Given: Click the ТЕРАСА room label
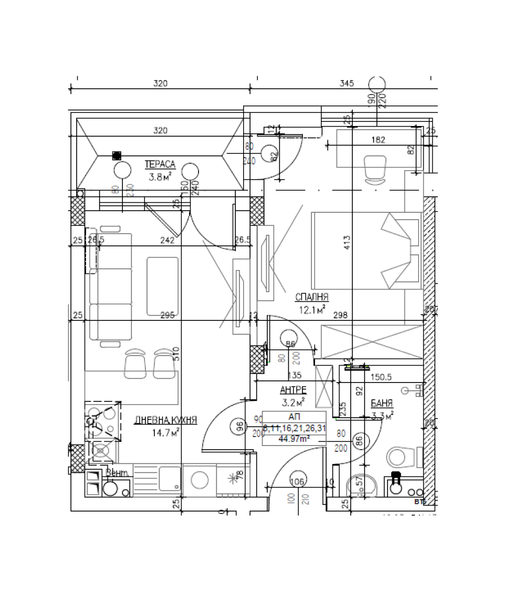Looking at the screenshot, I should tap(160, 164).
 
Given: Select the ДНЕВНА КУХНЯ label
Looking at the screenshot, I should tap(165, 420).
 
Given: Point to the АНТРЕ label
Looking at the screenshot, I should tap(293, 390).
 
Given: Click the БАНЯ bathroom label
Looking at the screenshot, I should tap(382, 403).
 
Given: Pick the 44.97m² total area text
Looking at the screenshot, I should tap(294, 439).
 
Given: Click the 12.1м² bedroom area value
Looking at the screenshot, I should tap(312, 309).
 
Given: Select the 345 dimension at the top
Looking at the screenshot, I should tap(347, 83).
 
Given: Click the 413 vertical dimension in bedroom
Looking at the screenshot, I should tap(347, 242).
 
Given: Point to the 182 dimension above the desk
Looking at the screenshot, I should tap(378, 140).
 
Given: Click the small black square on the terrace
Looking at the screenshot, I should tap(117, 155).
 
